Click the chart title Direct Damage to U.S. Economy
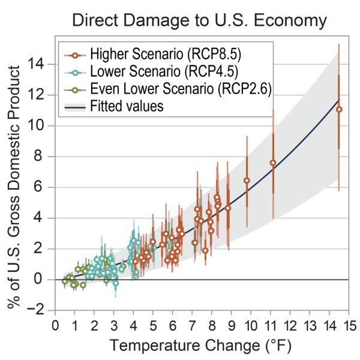click(x=199, y=20)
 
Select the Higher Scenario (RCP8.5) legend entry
click(x=165, y=56)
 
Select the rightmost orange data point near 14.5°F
click(x=339, y=109)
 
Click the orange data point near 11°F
click(x=273, y=163)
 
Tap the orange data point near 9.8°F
click(x=247, y=180)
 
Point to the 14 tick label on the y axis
click(x=41, y=64)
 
